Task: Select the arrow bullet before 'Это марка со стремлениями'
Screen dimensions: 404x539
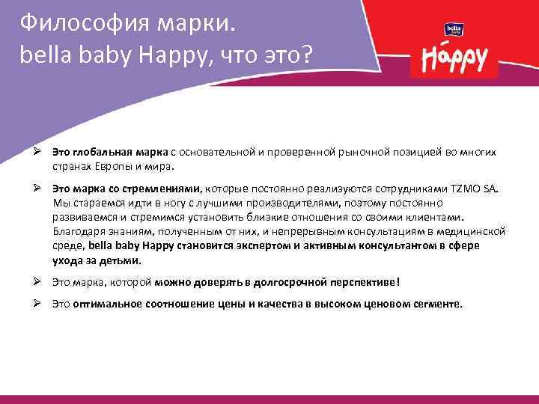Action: pyautogui.click(x=37, y=190)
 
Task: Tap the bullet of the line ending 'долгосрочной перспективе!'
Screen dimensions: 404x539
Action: pyautogui.click(x=37, y=282)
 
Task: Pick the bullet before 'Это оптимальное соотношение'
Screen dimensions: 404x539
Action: pyautogui.click(x=37, y=304)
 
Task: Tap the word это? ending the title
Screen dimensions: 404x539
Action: pyautogui.click(x=295, y=55)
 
